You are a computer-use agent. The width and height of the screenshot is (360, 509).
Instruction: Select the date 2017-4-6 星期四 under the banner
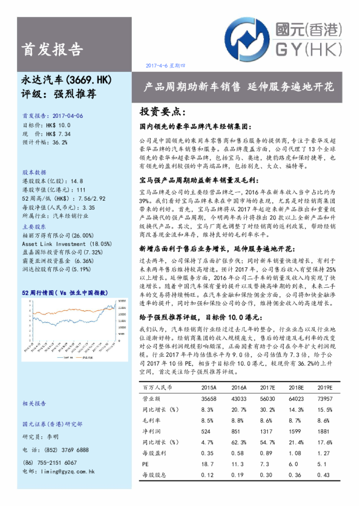165,65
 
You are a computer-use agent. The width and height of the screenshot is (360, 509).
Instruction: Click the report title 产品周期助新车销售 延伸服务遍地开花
238,86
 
